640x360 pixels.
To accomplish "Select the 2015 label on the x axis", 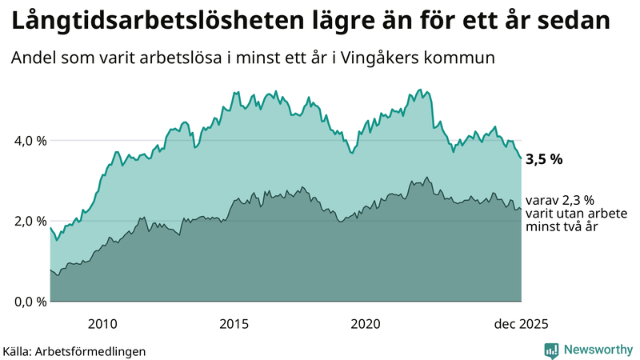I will coord(234,324).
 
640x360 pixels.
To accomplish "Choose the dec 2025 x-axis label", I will coord(521,324).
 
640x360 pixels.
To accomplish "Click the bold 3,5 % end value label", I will coord(544,159).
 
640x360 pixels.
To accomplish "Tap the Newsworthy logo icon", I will coord(551,350).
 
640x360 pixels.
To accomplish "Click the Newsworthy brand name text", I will coord(598,350).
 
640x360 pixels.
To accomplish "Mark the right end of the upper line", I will coord(522,158).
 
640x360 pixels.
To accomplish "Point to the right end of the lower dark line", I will coord(522,210).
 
